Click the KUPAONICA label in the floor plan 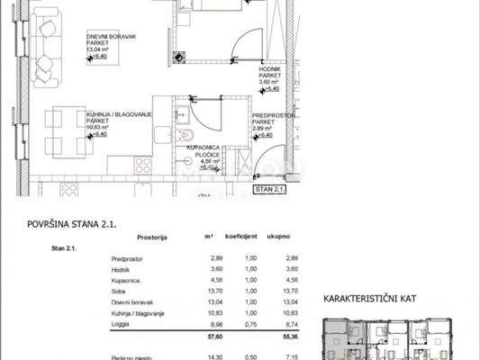point(203,147)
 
